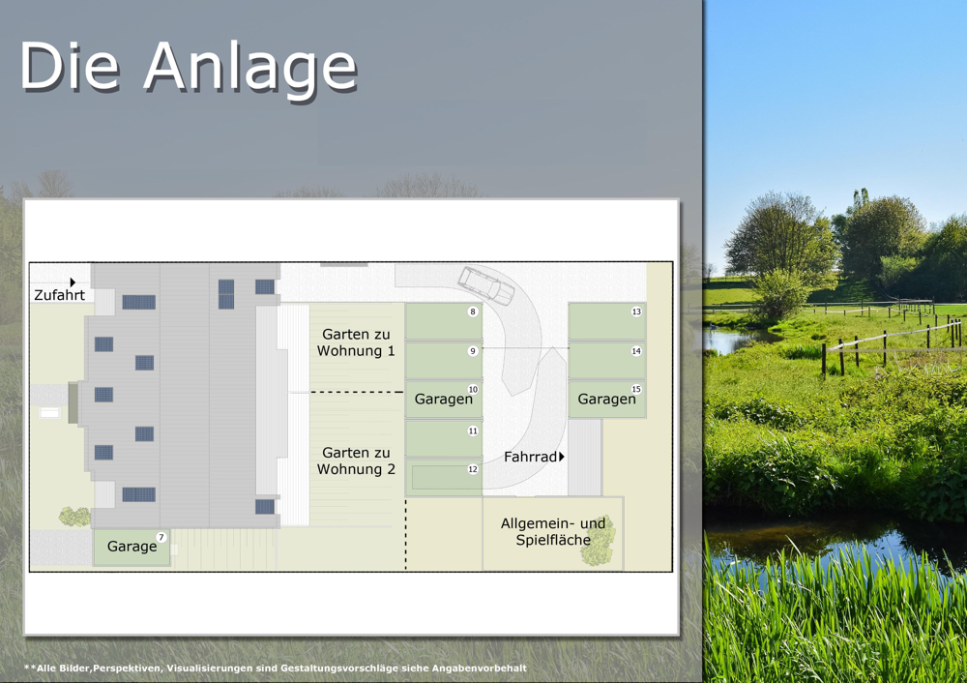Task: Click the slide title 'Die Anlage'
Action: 189,66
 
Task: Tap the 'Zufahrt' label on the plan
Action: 59,295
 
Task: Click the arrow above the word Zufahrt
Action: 73,282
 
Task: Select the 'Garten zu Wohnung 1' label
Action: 356,342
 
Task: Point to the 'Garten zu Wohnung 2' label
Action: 356,460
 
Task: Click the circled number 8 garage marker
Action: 473,312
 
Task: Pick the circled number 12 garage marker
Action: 473,469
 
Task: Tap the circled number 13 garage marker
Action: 636,312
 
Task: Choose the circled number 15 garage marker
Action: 636,389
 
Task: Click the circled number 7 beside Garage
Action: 161,537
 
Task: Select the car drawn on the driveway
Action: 486,285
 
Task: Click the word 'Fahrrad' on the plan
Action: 530,457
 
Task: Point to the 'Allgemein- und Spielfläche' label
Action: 553,531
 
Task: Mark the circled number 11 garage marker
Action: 473,431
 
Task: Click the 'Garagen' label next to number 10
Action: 444,400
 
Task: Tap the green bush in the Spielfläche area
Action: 598,542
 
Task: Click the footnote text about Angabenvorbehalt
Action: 276,668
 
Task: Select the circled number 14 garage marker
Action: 636,351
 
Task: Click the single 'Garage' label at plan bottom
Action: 132,547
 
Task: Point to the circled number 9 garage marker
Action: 473,351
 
